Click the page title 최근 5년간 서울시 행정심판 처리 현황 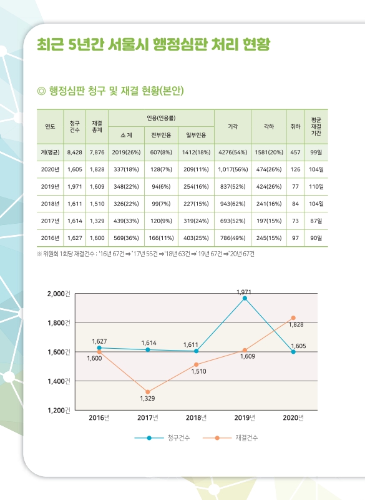[153, 44]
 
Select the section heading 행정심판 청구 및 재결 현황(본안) [110, 92]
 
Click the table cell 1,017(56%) [233, 169]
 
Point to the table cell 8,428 [75, 152]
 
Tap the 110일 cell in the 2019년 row [316, 186]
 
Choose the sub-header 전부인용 [162, 135]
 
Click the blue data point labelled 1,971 [245, 299]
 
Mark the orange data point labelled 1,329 [147, 392]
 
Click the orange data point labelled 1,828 [293, 318]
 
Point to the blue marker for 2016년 [99, 347]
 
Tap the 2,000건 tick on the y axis [60, 294]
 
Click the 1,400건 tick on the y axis [60, 381]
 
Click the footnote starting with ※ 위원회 [145, 254]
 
